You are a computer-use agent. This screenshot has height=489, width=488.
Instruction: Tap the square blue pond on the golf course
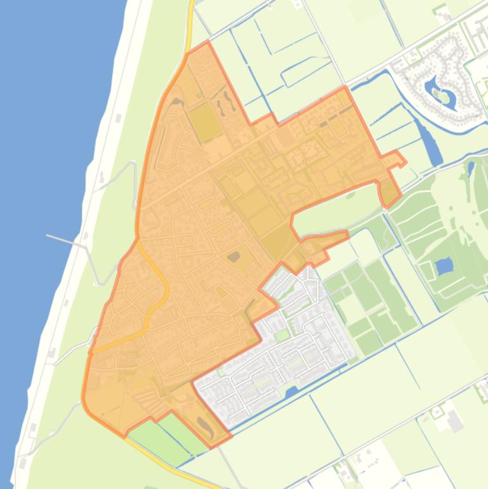click(x=444, y=264)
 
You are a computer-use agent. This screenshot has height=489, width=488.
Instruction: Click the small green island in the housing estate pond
click(x=439, y=94)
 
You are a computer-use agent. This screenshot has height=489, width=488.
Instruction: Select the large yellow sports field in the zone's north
click(x=204, y=121)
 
